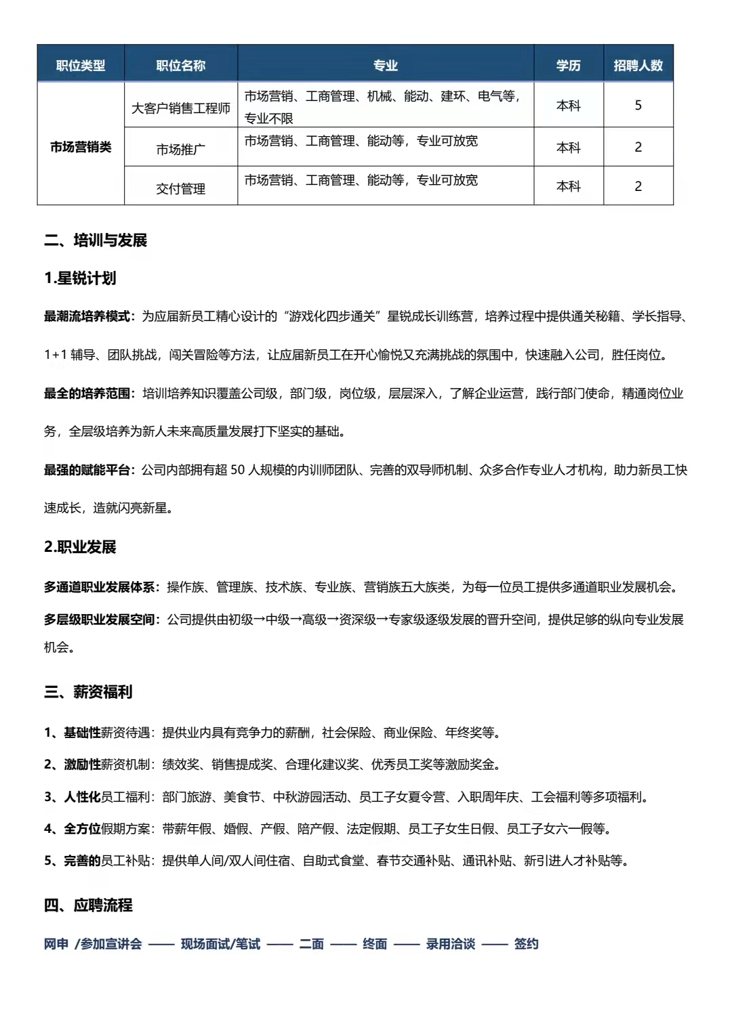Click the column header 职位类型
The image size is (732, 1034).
coord(81,66)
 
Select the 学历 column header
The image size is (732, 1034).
coord(568,66)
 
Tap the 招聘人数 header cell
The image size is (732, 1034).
coord(638,66)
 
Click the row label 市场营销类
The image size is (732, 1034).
coord(81,147)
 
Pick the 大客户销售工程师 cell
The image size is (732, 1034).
coord(180,108)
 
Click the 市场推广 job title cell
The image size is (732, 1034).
coord(180,149)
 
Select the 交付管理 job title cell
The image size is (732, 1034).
coord(180,188)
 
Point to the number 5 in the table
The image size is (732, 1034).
coord(638,105)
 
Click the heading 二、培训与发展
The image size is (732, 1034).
coord(96,240)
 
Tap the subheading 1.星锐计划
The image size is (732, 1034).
coord(80,278)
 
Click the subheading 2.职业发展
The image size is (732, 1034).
coord(80,547)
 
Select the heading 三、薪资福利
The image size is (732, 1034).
coord(88,692)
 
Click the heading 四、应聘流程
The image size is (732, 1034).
coord(88,905)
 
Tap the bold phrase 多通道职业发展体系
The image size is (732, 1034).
coord(100,587)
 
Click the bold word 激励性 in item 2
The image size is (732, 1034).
coord(82,764)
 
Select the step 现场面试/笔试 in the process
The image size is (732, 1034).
coord(220,944)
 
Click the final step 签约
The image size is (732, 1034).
coord(526,944)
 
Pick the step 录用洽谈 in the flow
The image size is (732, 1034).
coord(450,944)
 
